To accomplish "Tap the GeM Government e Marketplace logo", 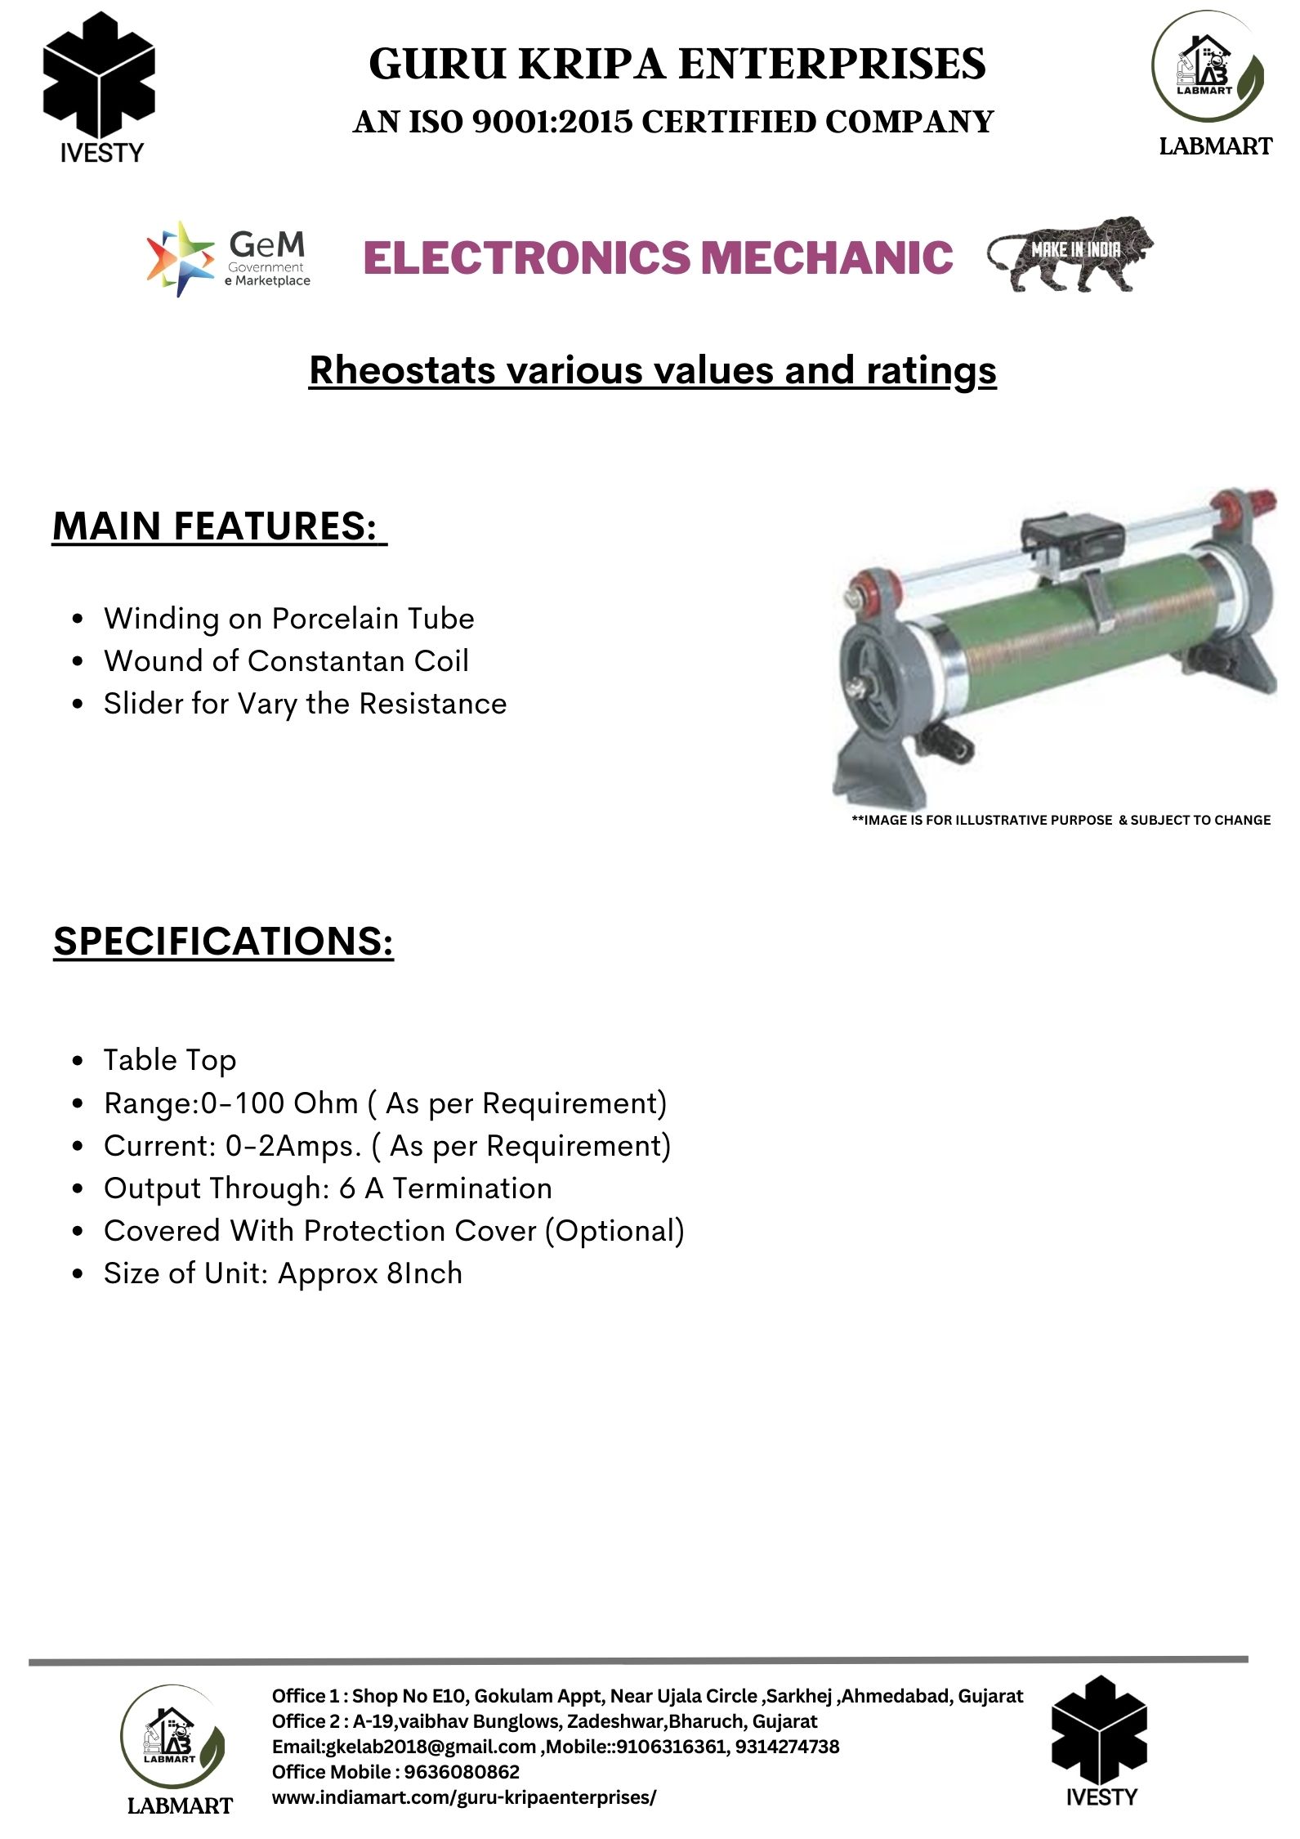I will click(228, 258).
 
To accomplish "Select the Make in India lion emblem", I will click(1070, 254).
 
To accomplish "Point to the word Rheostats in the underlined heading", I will click(402, 370).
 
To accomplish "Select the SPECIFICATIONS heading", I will click(223, 941).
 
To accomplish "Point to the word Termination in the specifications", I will click(472, 1188).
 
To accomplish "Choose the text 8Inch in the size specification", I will click(424, 1273).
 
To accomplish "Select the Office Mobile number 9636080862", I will click(462, 1772).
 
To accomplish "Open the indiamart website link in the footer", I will click(463, 1797).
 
